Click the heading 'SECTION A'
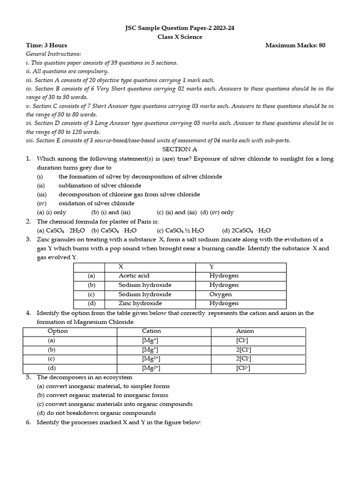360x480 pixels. (x=180, y=149)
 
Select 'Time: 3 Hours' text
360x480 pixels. (x=46, y=45)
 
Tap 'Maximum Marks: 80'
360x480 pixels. (x=295, y=45)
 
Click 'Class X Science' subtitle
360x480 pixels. (x=180, y=37)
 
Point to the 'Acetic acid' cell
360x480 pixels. (x=134, y=276)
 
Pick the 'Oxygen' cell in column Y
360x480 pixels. (x=220, y=294)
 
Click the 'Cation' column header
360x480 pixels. (x=151, y=331)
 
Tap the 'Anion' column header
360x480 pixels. (x=245, y=331)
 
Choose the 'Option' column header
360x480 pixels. (x=58, y=331)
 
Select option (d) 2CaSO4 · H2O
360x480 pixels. (x=246, y=231)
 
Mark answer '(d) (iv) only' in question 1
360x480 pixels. (x=217, y=212)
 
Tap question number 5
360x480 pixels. (x=29, y=377)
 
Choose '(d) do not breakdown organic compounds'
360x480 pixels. (x=96, y=413)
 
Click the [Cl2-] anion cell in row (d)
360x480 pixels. (x=243, y=368)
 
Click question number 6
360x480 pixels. (x=29, y=422)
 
